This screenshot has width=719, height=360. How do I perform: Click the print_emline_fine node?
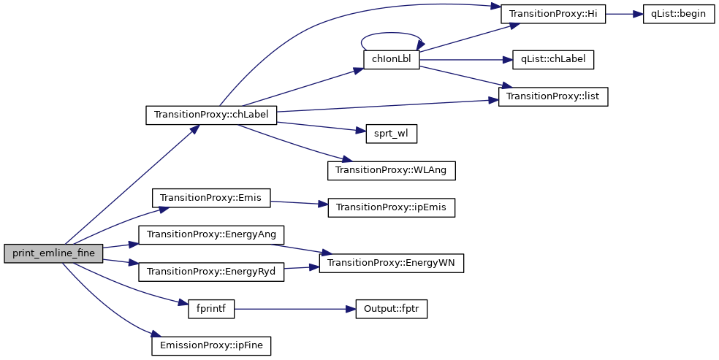53,253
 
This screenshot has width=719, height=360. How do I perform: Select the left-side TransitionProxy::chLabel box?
211,115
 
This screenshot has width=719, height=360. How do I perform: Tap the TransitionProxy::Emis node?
210,198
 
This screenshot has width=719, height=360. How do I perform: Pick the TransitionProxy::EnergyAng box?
211,234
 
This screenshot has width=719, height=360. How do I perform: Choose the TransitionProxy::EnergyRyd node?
210,272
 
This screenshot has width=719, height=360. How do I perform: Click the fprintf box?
210,309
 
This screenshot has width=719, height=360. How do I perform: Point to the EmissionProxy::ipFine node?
211,345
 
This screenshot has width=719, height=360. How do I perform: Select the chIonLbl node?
391,60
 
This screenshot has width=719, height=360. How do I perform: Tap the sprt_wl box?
390,134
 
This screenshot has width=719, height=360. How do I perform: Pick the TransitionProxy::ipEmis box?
392,207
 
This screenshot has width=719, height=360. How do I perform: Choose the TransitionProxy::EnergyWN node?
392,263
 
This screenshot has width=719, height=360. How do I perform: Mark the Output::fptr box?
391,309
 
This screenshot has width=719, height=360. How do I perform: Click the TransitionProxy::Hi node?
553,15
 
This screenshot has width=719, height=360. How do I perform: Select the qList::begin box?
678,15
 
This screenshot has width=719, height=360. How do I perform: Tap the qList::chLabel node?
553,60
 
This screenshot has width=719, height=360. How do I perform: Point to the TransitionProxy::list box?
553,96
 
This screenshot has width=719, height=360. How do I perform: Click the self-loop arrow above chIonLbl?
392,34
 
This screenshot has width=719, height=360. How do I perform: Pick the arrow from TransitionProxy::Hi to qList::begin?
624,15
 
